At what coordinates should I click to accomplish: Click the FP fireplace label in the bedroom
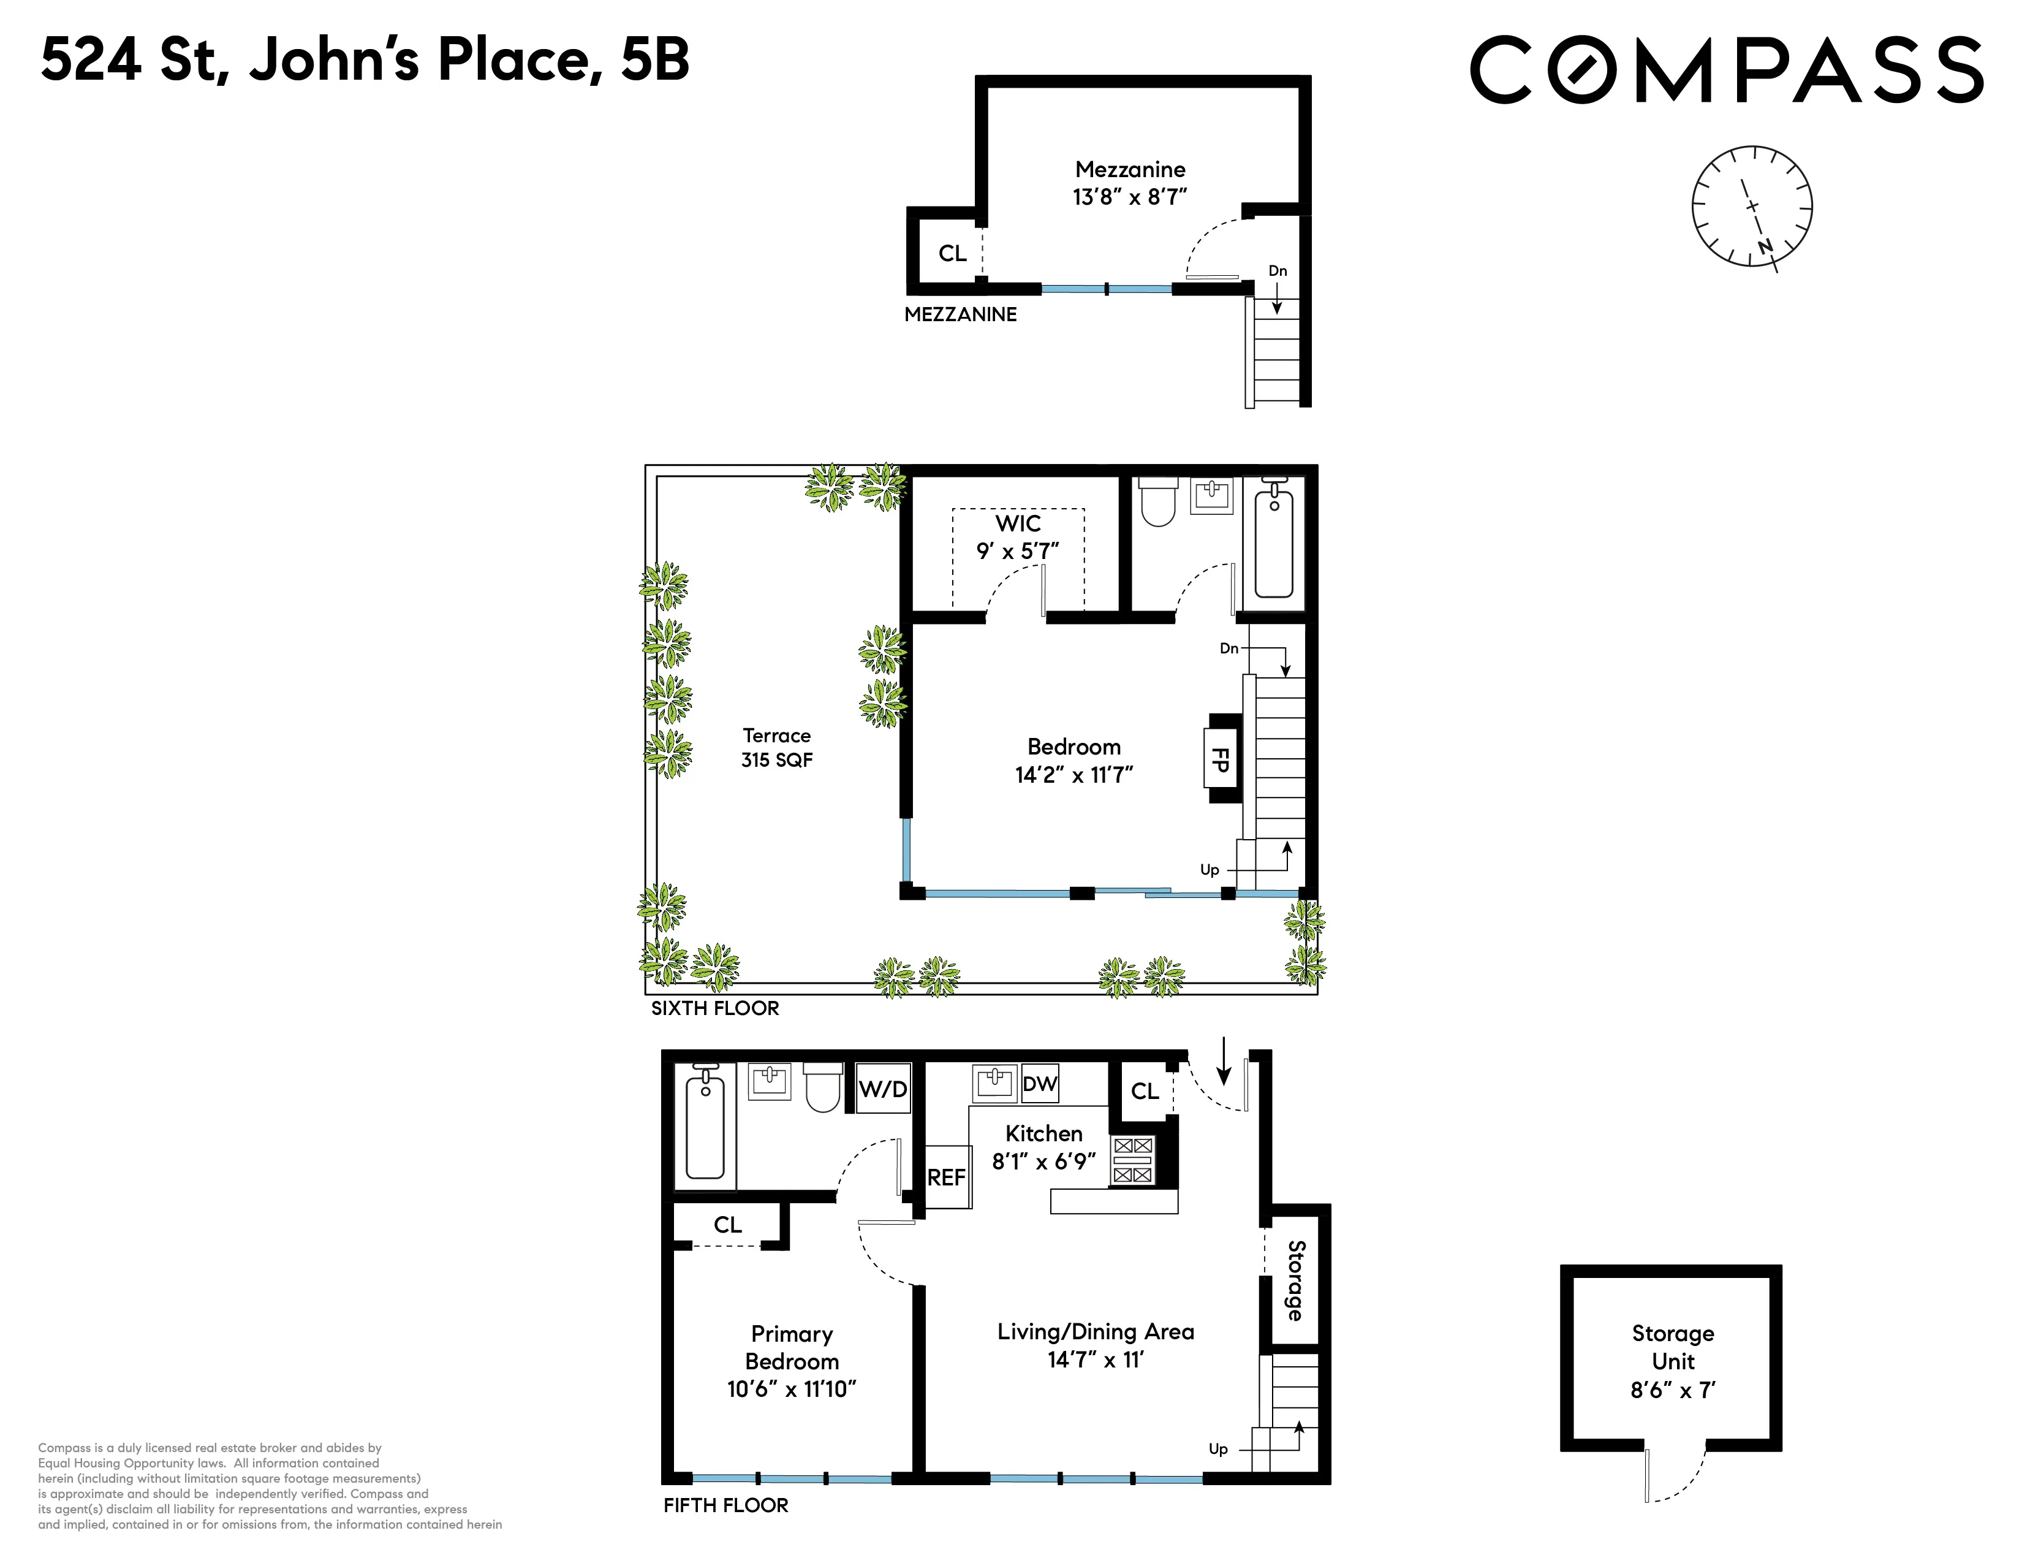point(1220,760)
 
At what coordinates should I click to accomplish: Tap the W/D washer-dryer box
point(882,1088)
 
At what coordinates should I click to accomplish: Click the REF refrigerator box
point(946,1177)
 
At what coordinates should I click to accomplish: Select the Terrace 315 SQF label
point(777,747)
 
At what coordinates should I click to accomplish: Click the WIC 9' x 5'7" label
point(1018,537)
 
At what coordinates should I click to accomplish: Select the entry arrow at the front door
point(1223,1061)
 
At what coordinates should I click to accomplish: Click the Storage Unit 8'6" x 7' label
point(1672,1361)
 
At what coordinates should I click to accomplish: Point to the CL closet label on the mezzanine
point(952,253)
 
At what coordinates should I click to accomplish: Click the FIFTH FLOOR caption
point(725,1505)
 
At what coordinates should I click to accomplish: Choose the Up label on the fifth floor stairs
point(1217,1449)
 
